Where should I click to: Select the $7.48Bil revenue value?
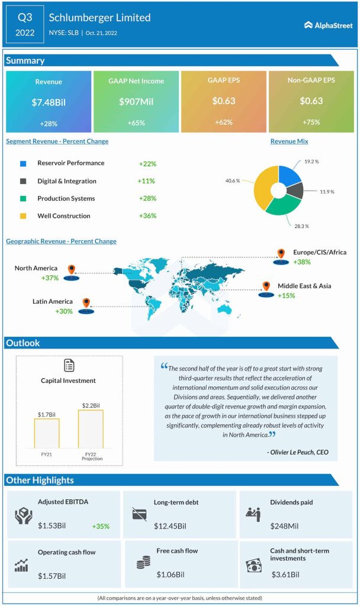(49, 102)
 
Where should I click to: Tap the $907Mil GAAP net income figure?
(136, 102)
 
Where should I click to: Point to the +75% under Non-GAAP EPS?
(311, 123)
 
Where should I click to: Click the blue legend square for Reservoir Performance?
(23, 163)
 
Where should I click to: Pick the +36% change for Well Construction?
(147, 216)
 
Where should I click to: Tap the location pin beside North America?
(72, 270)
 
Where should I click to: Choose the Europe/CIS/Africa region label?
(320, 252)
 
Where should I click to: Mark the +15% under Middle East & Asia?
(287, 295)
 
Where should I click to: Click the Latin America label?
(53, 302)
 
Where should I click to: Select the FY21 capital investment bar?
(46, 433)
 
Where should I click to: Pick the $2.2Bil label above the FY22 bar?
(90, 404)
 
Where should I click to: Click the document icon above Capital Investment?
(69, 365)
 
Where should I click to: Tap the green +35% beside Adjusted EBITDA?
(101, 526)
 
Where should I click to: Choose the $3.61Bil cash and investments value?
(285, 574)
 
